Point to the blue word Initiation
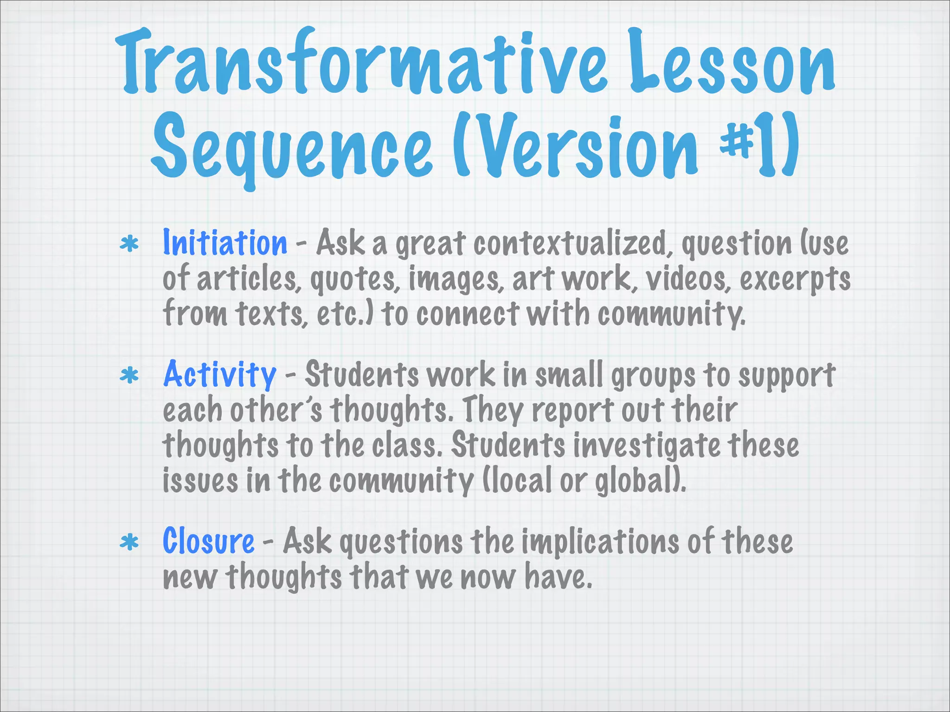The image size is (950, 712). [x=225, y=243]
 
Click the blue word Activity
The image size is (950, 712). [x=220, y=375]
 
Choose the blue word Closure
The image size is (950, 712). [x=208, y=541]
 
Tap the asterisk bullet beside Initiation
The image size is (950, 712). [x=129, y=244]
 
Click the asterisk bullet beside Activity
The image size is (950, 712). [x=129, y=376]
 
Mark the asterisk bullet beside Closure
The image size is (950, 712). [x=129, y=543]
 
